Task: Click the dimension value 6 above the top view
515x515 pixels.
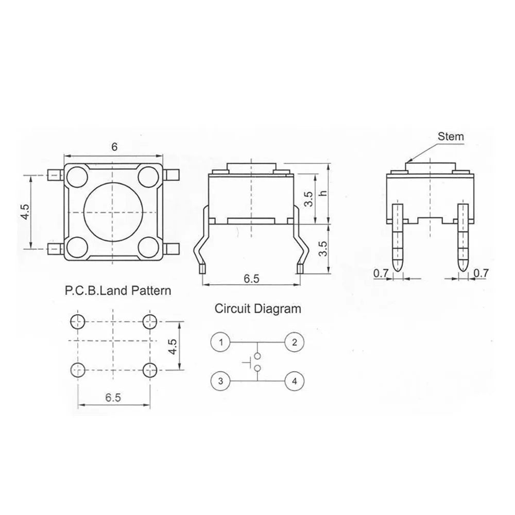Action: (114, 147)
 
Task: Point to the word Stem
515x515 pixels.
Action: (451, 136)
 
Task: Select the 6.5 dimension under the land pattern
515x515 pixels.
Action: (113, 398)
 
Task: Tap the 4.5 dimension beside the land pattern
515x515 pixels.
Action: (174, 346)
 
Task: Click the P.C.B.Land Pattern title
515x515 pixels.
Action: (117, 290)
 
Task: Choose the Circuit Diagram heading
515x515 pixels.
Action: (257, 309)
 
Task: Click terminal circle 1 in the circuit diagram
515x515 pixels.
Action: (220, 342)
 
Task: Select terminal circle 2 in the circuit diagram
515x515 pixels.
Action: (294, 342)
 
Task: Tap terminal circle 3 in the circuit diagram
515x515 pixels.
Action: (220, 381)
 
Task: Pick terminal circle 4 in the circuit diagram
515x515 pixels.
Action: (294, 381)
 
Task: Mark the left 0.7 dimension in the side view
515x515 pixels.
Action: (381, 274)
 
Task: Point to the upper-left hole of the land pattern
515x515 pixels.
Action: (77, 322)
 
